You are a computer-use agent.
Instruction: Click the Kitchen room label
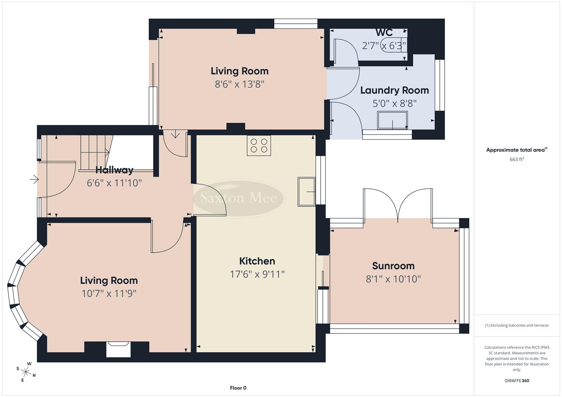pyautogui.click(x=257, y=261)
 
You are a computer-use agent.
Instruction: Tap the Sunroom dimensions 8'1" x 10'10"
pyautogui.click(x=393, y=279)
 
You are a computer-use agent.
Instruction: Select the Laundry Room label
pyautogui.click(x=394, y=90)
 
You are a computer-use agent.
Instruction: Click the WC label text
pyautogui.click(x=384, y=32)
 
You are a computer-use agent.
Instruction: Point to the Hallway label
pyautogui.click(x=114, y=170)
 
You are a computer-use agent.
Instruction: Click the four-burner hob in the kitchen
pyautogui.click(x=259, y=146)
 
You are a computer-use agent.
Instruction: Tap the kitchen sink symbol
pyautogui.click(x=307, y=192)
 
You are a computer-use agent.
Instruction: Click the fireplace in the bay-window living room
pyautogui.click(x=118, y=349)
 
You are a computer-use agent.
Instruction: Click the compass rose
pyautogui.click(x=26, y=372)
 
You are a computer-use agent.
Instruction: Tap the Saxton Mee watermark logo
pyautogui.click(x=238, y=198)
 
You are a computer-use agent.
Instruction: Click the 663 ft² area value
pyautogui.click(x=516, y=160)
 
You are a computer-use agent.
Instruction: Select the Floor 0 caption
pyautogui.click(x=238, y=388)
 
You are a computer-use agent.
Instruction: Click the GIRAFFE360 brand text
pyautogui.click(x=516, y=380)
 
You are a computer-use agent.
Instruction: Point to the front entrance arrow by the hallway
pyautogui.click(x=34, y=179)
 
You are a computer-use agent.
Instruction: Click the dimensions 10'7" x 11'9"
pyautogui.click(x=109, y=293)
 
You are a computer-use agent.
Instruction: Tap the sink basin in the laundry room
pyautogui.click(x=392, y=120)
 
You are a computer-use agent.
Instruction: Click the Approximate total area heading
pyautogui.click(x=516, y=150)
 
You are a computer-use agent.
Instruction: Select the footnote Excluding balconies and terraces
pyautogui.click(x=516, y=325)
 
